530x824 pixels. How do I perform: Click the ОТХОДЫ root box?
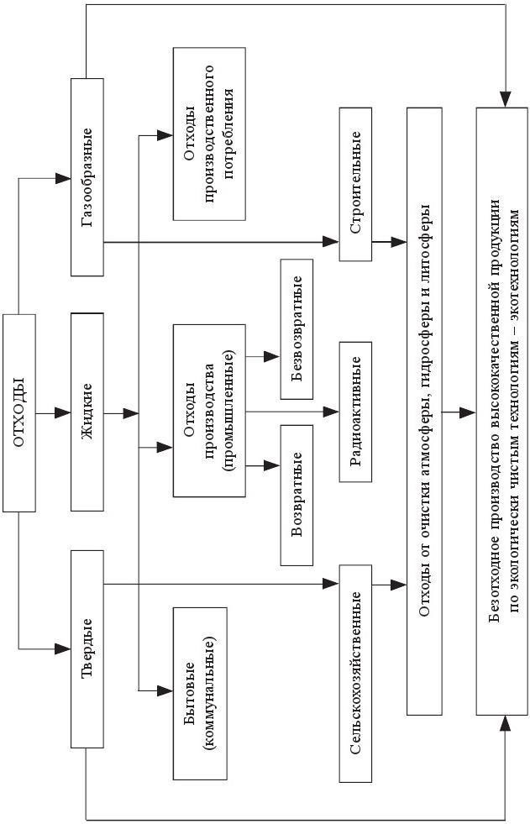coord(19,412)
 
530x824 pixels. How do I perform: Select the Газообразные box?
coord(87,177)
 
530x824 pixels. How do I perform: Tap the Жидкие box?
coord(87,412)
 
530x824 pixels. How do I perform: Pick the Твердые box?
coord(87,648)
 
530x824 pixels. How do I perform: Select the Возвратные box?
coord(296,495)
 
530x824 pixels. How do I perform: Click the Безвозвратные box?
coord(296,328)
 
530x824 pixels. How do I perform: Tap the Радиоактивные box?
coord(355,412)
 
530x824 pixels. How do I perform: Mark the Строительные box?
coord(355,184)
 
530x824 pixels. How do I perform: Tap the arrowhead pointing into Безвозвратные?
coord(272,357)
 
